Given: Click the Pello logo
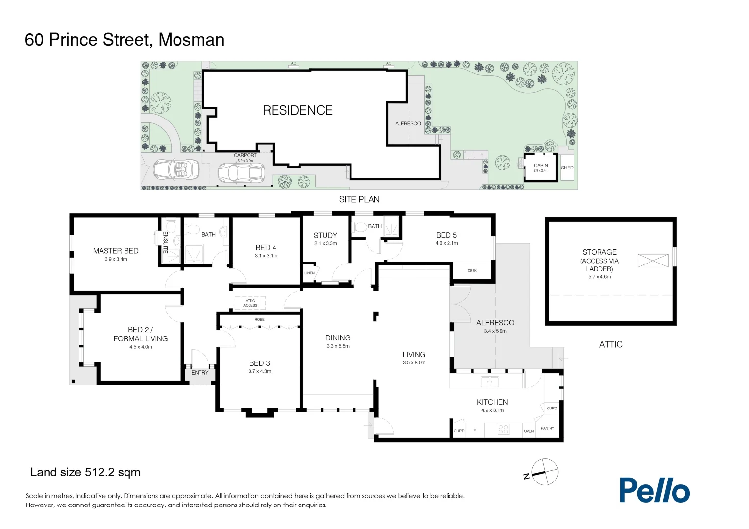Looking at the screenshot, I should [x=654, y=490].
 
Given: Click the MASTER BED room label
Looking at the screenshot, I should [x=116, y=251].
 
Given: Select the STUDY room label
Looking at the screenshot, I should [x=325, y=235].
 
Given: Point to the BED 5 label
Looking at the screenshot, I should [x=446, y=235].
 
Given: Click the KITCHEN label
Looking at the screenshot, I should [x=492, y=402].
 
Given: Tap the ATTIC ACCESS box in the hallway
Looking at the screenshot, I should [x=250, y=303].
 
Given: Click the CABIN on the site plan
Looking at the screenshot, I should [x=541, y=167].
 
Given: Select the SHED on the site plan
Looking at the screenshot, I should [x=567, y=168].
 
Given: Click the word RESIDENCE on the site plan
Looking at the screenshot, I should [x=298, y=111].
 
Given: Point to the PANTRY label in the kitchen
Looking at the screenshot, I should [x=547, y=428].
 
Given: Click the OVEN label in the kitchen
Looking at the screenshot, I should [x=528, y=431].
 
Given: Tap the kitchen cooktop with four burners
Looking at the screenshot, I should [x=503, y=430].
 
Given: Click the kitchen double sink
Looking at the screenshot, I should [x=490, y=382].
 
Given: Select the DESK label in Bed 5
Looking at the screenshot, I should [x=472, y=271].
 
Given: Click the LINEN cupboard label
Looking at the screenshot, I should [x=309, y=273].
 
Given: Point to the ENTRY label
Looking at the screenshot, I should [x=200, y=373].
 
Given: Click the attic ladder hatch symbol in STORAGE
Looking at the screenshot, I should [x=652, y=261].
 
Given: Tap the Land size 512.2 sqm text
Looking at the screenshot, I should [x=85, y=472].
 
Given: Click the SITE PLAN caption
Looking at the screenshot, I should [x=359, y=199].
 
